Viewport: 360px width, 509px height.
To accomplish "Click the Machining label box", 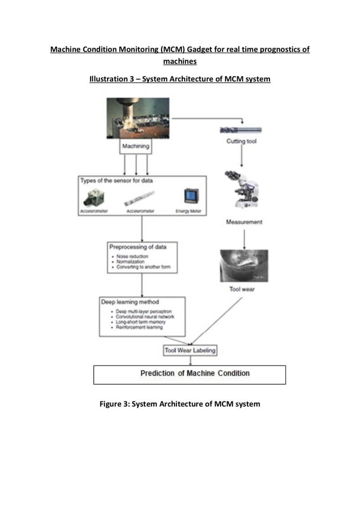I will pos(136,146).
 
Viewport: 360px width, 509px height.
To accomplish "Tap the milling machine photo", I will pos(138,118).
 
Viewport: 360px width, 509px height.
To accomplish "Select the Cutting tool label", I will pos(242,142).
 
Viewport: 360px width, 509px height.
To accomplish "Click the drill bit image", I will pos(241,130).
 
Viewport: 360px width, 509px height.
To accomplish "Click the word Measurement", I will pos(244,222).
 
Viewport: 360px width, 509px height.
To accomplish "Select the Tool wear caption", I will pos(242,289).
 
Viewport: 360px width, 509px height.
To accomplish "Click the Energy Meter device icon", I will pos(188,196).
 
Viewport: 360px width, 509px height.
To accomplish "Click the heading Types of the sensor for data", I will pos(117,181).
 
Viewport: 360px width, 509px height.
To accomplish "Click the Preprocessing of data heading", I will pos(138,247).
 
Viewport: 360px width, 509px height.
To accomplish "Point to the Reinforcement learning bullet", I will pos(139,327).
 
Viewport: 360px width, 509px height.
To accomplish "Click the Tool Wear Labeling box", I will pos(190,350).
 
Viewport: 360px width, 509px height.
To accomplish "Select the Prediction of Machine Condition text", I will pos(194,373).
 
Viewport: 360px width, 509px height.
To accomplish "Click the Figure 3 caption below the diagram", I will pos(180,404).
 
